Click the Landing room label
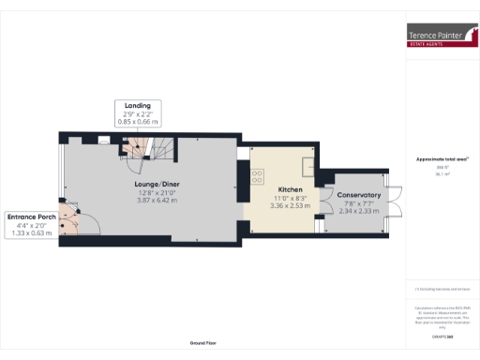click(137, 104)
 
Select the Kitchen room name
click(287, 189)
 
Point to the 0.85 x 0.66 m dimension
click(137, 121)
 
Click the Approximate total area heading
click(442, 158)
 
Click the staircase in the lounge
click(145, 145)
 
